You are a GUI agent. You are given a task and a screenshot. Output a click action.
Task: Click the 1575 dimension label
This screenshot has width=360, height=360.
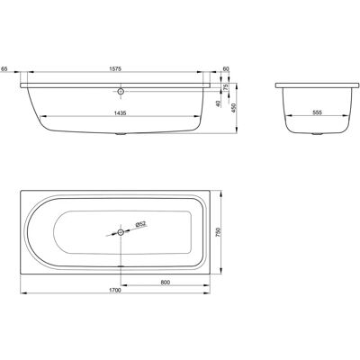[115, 69]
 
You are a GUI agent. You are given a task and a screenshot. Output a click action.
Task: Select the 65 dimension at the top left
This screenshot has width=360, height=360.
[4, 69]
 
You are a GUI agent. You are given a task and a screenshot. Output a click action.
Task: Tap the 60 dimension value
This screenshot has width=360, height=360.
[226, 69]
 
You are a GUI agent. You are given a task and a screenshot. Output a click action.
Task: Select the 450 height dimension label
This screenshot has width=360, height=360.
[234, 108]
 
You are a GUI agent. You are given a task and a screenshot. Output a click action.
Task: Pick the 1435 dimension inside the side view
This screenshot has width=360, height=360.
[120, 113]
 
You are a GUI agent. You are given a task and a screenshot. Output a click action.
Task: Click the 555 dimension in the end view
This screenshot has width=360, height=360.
[317, 112]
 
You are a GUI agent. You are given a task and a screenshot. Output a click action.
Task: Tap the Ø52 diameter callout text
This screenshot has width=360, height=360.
[140, 224]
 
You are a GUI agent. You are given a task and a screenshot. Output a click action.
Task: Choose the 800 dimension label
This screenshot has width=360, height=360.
[166, 282]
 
